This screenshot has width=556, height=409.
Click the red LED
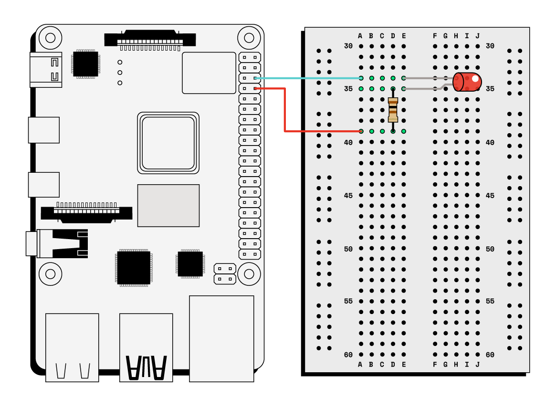coord(467,82)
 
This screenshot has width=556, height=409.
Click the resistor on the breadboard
coord(393,110)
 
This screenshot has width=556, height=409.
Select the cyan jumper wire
coord(308,78)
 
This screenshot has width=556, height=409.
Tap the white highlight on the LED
coord(475,79)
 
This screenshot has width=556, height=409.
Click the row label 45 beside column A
coord(348,196)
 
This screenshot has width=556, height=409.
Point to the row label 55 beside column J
coord(490,301)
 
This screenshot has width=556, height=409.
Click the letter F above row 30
coord(435,36)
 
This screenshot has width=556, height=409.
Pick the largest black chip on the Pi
coord(134,268)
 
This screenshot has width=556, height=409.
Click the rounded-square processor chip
coord(168,143)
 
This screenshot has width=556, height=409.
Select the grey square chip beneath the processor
coord(168,206)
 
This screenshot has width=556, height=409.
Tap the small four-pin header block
coord(225,274)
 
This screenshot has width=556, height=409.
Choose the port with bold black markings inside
coord(146,347)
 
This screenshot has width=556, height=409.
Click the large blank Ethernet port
coord(221,338)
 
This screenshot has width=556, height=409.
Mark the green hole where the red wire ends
coord(361,131)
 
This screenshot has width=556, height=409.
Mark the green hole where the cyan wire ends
coord(361,78)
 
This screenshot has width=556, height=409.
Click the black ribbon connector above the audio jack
coord(86,213)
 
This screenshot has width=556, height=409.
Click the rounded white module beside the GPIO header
coord(209,73)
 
